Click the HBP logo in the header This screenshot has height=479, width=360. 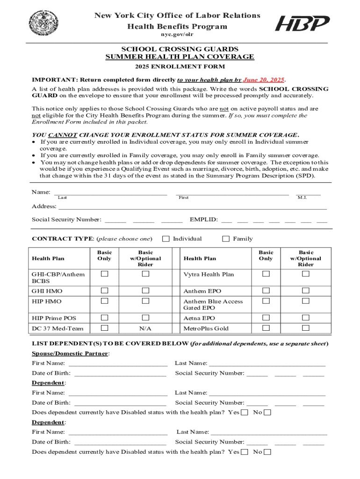tap(302, 22)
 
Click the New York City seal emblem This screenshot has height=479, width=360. tap(44, 22)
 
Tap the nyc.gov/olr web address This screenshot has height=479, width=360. tap(180, 35)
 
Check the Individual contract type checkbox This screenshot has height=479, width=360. tap(166, 239)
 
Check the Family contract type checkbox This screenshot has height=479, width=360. tap(226, 239)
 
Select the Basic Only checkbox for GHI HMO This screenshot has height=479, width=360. tap(105, 291)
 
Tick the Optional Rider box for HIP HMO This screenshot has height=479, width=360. tap(146, 301)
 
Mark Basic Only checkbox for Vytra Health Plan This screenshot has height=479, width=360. tap(266, 274)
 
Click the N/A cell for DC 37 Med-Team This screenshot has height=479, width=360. tap(145, 328)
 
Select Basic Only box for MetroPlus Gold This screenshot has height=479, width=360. tap(266, 328)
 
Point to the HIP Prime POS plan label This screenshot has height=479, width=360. tap(54, 318)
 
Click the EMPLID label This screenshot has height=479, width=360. tap(203, 219)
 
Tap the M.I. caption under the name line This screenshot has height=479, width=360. tap(302, 198)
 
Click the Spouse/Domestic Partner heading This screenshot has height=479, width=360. tap(70, 354)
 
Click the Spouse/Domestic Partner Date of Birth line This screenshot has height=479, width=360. tap(120, 373)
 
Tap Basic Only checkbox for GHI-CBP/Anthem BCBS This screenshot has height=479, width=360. tap(105, 274)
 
